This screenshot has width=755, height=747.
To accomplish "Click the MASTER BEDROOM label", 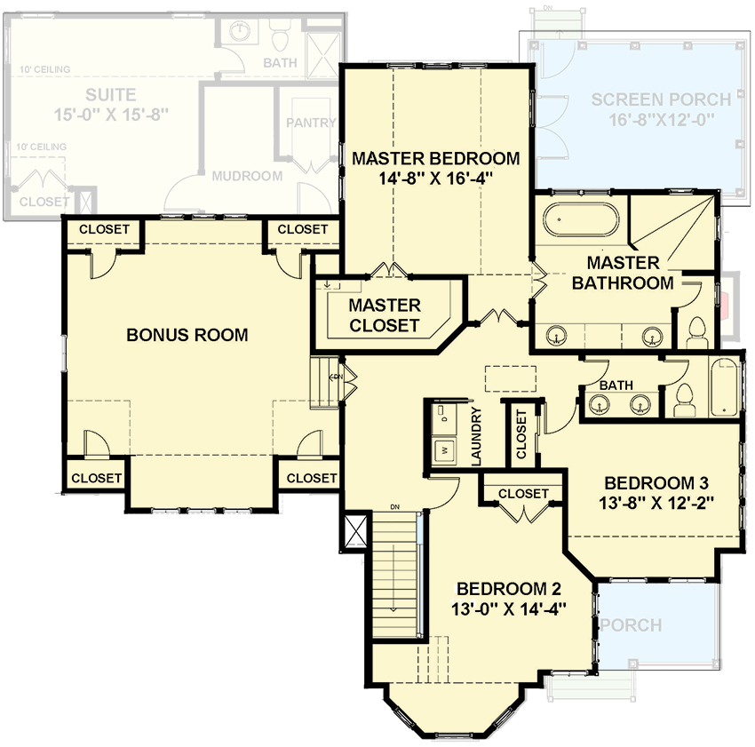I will click(435, 159).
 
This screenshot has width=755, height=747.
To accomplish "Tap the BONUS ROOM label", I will click(187, 335).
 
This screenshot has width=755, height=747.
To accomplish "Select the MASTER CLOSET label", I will click(384, 315).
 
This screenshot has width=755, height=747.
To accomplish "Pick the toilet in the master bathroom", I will click(695, 331).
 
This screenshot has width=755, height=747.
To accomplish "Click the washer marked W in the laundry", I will click(441, 449).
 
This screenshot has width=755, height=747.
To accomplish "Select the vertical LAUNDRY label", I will click(476, 436).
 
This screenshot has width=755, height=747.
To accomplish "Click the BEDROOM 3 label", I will click(656, 483).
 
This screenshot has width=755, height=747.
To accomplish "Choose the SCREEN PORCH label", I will click(661, 99).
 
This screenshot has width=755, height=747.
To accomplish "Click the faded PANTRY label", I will click(311, 123).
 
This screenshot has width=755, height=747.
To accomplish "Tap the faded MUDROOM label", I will click(247, 176).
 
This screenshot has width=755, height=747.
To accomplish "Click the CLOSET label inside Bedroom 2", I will click(523, 494).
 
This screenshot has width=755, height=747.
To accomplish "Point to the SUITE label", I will click(111, 94).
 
